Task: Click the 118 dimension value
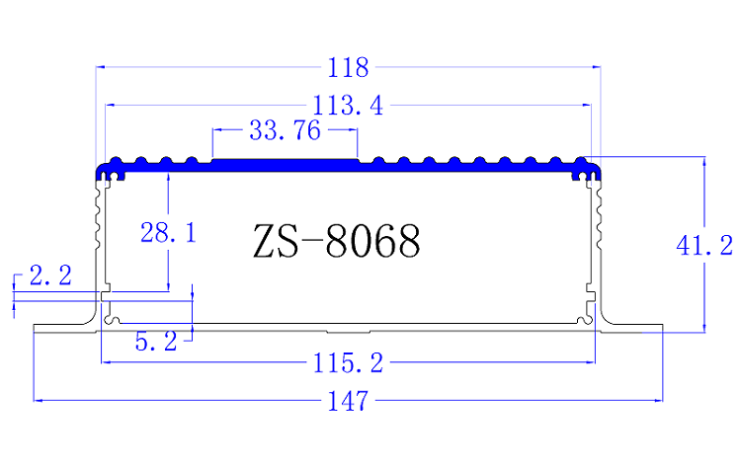(x=350, y=68)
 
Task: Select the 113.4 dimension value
(x=350, y=105)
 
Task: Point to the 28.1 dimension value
(x=168, y=234)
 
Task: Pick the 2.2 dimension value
(x=50, y=277)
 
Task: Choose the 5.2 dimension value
(x=155, y=342)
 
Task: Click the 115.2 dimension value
(x=347, y=363)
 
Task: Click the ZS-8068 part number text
(x=336, y=241)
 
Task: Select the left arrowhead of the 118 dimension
(x=100, y=67)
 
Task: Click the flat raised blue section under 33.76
(x=285, y=161)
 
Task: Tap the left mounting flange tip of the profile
(x=38, y=328)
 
